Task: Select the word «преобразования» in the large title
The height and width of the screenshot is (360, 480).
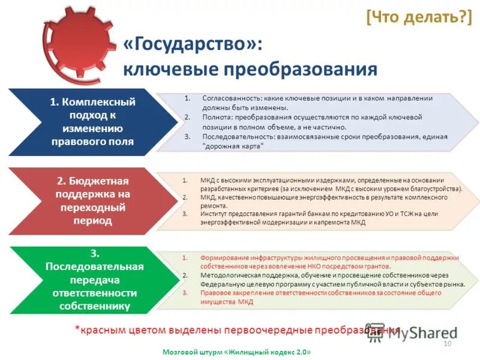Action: click(x=300, y=69)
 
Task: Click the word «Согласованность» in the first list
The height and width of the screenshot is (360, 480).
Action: click(x=230, y=98)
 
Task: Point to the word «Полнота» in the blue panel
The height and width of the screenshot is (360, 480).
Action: click(x=217, y=117)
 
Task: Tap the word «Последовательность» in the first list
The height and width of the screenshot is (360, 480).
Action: click(x=235, y=137)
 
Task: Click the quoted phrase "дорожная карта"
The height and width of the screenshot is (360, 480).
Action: click(x=233, y=146)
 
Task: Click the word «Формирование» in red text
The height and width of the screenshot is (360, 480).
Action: click(x=221, y=257)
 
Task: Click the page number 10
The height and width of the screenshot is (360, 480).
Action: click(x=446, y=343)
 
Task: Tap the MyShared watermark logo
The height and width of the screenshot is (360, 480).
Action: click(x=414, y=334)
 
